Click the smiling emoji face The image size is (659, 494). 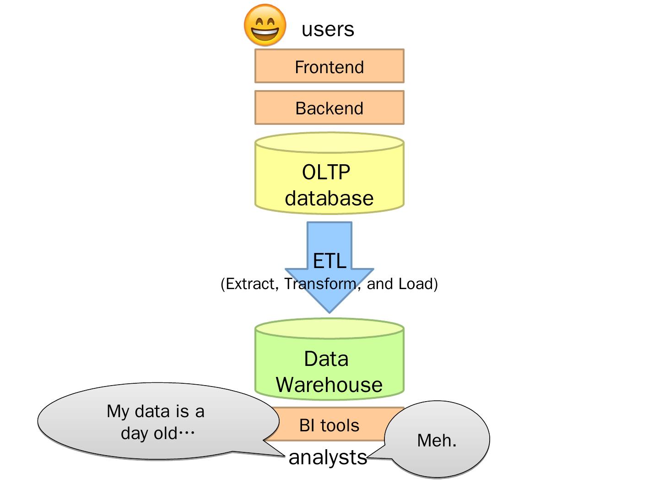pyautogui.click(x=265, y=25)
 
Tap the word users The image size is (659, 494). pyautogui.click(x=328, y=29)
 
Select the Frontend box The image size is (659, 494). pyautogui.click(x=329, y=66)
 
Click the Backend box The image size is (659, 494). pyautogui.click(x=329, y=107)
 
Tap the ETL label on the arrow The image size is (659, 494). pyautogui.click(x=329, y=261)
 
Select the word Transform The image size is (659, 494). pyautogui.click(x=320, y=284)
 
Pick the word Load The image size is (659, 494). pyautogui.click(x=416, y=284)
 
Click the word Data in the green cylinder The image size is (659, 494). pyautogui.click(x=326, y=359)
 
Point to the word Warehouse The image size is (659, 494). pyautogui.click(x=329, y=385)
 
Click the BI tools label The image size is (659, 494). pyautogui.click(x=329, y=425)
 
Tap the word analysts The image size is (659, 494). pyautogui.click(x=328, y=458)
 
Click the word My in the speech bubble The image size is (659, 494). pyautogui.click(x=118, y=412)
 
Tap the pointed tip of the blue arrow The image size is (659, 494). pyautogui.click(x=329, y=313)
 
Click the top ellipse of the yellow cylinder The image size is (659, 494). pyautogui.click(x=329, y=143)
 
